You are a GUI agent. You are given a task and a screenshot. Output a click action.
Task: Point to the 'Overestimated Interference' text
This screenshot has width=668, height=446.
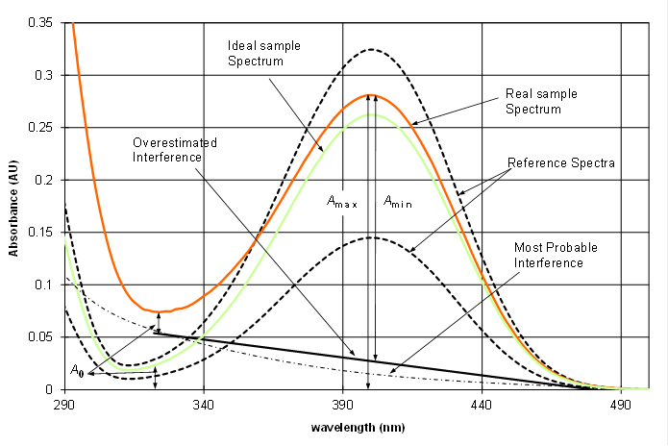click(x=175, y=149)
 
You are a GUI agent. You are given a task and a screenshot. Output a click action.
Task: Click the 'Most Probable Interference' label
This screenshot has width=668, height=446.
click(x=555, y=255)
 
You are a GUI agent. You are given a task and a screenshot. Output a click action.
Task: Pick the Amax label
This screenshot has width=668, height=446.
click(x=342, y=202)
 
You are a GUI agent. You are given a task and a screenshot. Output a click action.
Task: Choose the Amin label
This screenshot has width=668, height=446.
click(x=399, y=202)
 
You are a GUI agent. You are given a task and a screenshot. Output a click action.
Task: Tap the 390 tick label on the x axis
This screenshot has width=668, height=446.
click(x=343, y=406)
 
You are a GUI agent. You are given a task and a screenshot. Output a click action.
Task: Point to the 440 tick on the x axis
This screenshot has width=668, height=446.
click(x=482, y=406)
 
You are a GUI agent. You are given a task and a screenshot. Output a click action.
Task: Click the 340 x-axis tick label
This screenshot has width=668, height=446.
click(x=204, y=406)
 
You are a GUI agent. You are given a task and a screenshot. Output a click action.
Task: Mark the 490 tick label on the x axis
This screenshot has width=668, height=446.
click(x=622, y=406)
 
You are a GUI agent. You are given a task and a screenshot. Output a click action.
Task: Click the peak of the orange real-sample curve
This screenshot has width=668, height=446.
click(x=371, y=94)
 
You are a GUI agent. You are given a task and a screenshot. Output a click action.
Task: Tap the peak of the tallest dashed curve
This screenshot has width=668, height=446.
click(x=371, y=49)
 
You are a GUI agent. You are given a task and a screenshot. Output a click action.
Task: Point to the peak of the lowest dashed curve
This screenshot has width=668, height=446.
click(x=371, y=237)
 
